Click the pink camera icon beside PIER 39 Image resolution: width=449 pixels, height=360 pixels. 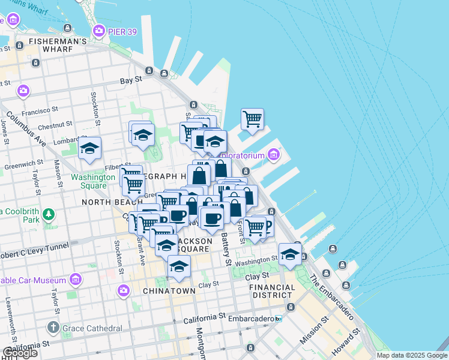coord(98,30)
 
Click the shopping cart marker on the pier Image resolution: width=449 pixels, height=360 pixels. coord(253,119)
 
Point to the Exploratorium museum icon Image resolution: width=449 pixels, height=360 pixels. coord(274,155)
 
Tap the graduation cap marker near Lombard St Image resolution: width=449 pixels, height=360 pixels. coord(89,149)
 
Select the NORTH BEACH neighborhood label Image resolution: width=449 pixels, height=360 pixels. coord(104,202)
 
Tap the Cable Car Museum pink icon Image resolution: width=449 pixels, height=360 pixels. coord(76,280)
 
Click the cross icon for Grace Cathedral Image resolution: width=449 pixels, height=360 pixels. coord(53,328)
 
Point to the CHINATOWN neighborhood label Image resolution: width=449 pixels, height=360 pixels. coord(169,291)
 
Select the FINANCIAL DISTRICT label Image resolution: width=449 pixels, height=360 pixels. coord(272,291)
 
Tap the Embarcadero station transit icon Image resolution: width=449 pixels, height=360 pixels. coord(278,319)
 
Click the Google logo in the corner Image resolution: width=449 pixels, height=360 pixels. coord(20,353)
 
